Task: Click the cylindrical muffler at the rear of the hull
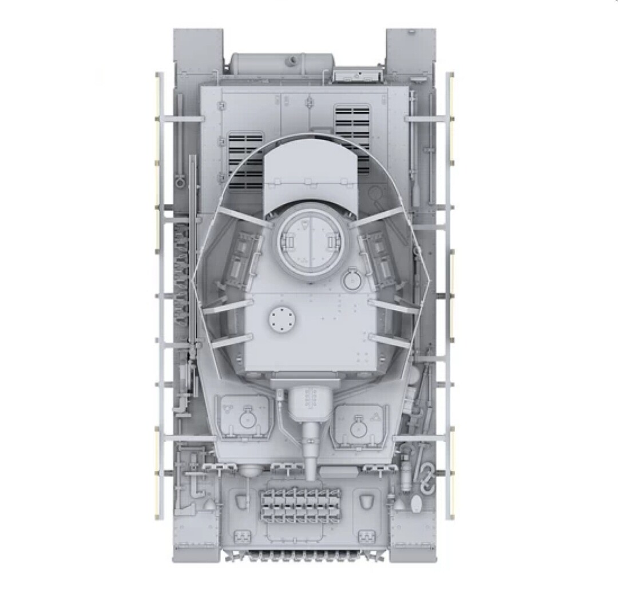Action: coord(282,63)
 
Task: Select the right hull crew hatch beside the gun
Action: coord(359,423)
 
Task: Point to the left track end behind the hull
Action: coord(198,49)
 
